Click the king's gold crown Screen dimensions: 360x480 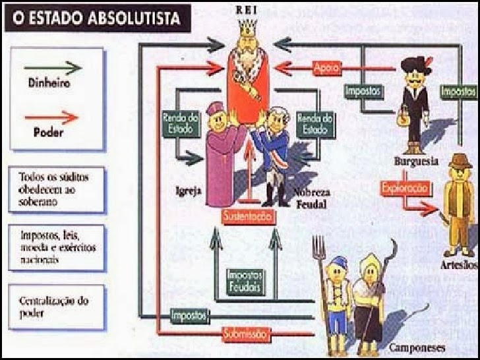click(249, 28)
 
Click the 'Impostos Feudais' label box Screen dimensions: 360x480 click(243, 281)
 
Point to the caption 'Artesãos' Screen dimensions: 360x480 click(458, 265)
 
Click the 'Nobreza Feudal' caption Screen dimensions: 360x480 click(310, 198)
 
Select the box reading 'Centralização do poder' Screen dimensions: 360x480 click(57, 307)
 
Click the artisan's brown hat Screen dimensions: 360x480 click(460, 161)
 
